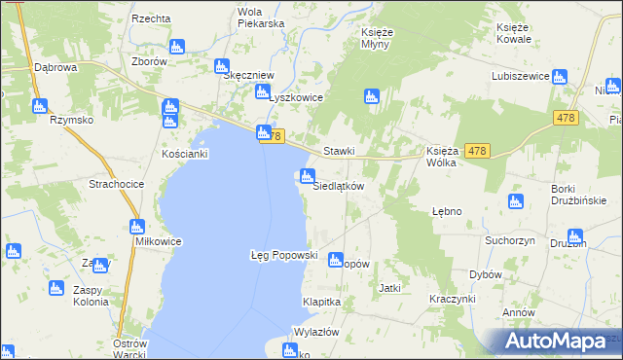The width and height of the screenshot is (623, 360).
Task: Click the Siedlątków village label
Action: (x=337, y=186)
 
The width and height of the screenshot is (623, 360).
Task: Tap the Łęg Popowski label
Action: (x=284, y=254)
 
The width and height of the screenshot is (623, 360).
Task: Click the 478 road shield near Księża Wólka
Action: (x=477, y=150)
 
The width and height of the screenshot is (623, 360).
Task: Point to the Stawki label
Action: (x=338, y=151)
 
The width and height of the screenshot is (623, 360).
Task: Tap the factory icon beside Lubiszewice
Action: (x=560, y=77)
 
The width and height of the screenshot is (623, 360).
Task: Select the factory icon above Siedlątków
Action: (x=308, y=176)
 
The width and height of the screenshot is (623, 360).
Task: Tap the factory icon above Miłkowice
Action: (x=136, y=227)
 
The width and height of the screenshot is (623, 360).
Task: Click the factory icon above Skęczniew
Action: (x=221, y=66)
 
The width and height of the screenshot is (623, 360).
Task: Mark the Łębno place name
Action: (x=447, y=211)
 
